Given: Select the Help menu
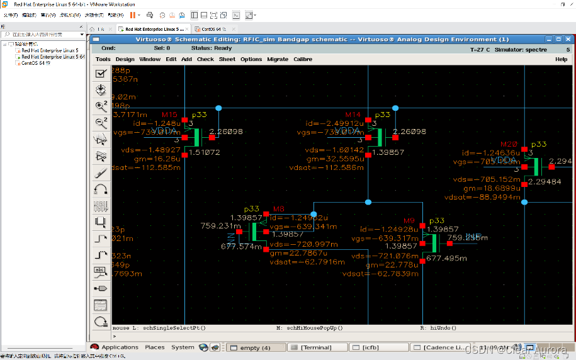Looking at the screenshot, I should pyautogui.click(x=561, y=59).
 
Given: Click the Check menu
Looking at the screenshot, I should pyautogui.click(x=205, y=59).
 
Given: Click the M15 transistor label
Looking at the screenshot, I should pyautogui.click(x=169, y=115).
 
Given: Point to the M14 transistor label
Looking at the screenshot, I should pyautogui.click(x=353, y=115).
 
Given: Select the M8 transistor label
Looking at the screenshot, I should pyautogui.click(x=279, y=209).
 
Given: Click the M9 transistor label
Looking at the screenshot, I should pyautogui.click(x=409, y=221).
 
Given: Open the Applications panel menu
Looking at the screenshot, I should pyautogui.click(x=120, y=347).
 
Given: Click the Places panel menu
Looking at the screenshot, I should pyautogui.click(x=155, y=347).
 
